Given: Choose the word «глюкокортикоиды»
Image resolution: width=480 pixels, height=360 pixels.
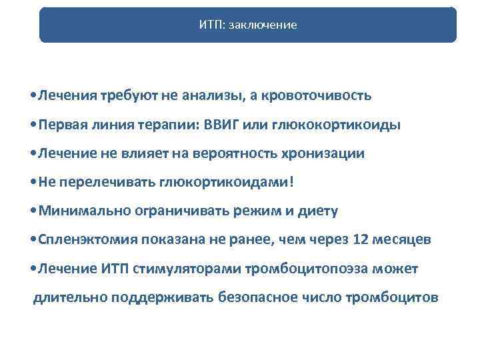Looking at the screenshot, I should pyautogui.click(x=349, y=125).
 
